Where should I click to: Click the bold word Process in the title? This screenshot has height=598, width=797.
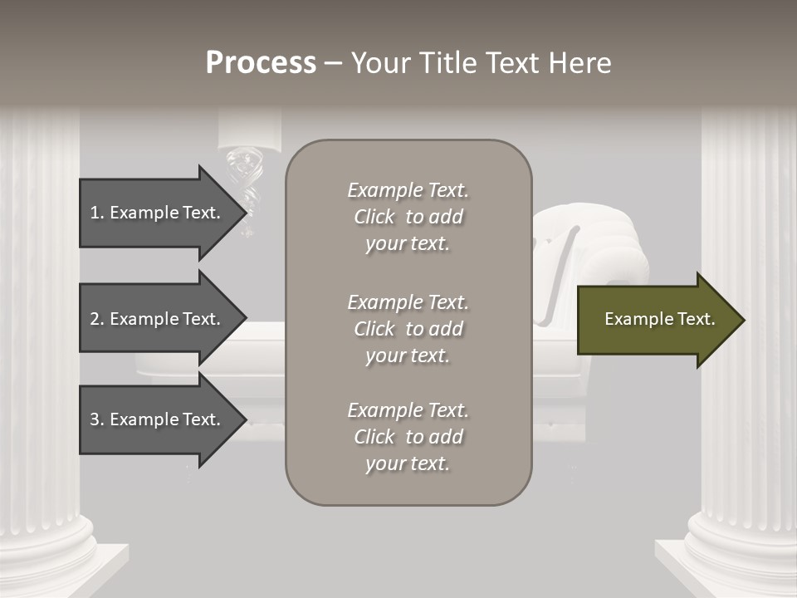(261, 63)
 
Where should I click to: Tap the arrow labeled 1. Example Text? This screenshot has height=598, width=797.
(158, 213)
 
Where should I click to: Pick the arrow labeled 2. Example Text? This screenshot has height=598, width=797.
(158, 319)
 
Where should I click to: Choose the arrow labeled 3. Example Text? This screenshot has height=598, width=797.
(158, 419)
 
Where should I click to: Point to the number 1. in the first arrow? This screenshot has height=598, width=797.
(97, 213)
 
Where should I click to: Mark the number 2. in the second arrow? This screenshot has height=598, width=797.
(97, 319)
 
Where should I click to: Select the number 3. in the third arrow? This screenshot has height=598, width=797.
(97, 419)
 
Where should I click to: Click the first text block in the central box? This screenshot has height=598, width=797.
(408, 217)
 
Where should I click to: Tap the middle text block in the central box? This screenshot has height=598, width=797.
(408, 329)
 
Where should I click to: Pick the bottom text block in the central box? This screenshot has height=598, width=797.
(408, 437)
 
